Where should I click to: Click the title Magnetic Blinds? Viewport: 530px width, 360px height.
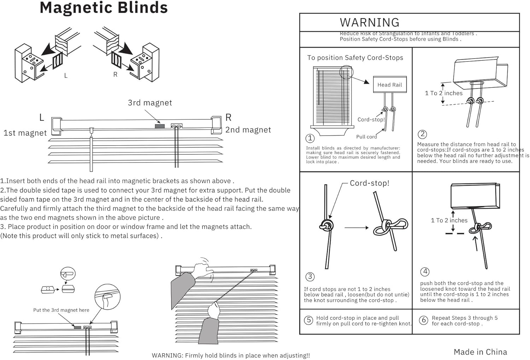coord(104,8)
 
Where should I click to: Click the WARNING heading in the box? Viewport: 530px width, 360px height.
coord(369,23)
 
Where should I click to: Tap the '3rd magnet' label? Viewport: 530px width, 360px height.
coord(150,103)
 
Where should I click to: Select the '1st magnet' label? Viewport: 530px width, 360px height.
coord(25,133)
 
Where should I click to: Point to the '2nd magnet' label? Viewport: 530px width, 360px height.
coord(248,130)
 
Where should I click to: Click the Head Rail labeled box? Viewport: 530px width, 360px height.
coord(389,85)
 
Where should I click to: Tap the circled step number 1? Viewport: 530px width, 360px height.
coord(310,138)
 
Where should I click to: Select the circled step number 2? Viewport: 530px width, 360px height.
coord(422,134)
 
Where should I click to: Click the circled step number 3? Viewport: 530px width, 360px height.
coord(310,277)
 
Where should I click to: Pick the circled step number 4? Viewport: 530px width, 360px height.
coord(425,272)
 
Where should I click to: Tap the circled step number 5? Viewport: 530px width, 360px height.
coord(308,320)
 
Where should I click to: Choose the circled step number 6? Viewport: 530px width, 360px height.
coord(423,320)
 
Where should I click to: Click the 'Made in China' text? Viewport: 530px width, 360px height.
coord(480,352)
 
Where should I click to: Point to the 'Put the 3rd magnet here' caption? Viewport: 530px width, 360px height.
coord(61,310)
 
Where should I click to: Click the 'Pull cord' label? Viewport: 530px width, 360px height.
coord(366,137)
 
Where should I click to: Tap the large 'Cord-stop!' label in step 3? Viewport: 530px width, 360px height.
coord(369,183)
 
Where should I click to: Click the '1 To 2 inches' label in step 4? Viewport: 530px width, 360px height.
coord(449,220)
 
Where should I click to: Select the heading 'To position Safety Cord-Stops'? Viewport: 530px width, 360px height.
coord(355,58)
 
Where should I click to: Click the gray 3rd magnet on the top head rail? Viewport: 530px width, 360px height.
coord(160,126)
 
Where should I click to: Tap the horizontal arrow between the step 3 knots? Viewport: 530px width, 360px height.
coord(356,228)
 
